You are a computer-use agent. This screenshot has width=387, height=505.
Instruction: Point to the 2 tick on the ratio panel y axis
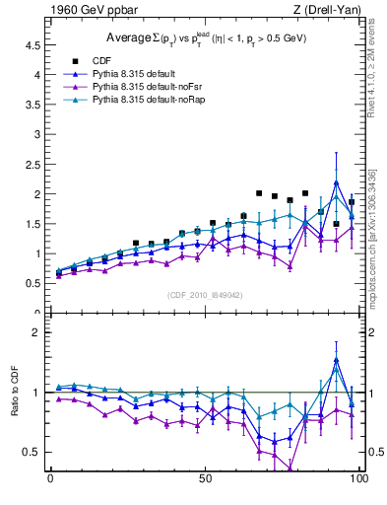37,332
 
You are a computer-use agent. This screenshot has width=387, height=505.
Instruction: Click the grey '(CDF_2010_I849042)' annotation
205,294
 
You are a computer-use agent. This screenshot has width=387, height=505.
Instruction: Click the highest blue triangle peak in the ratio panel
336,359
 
